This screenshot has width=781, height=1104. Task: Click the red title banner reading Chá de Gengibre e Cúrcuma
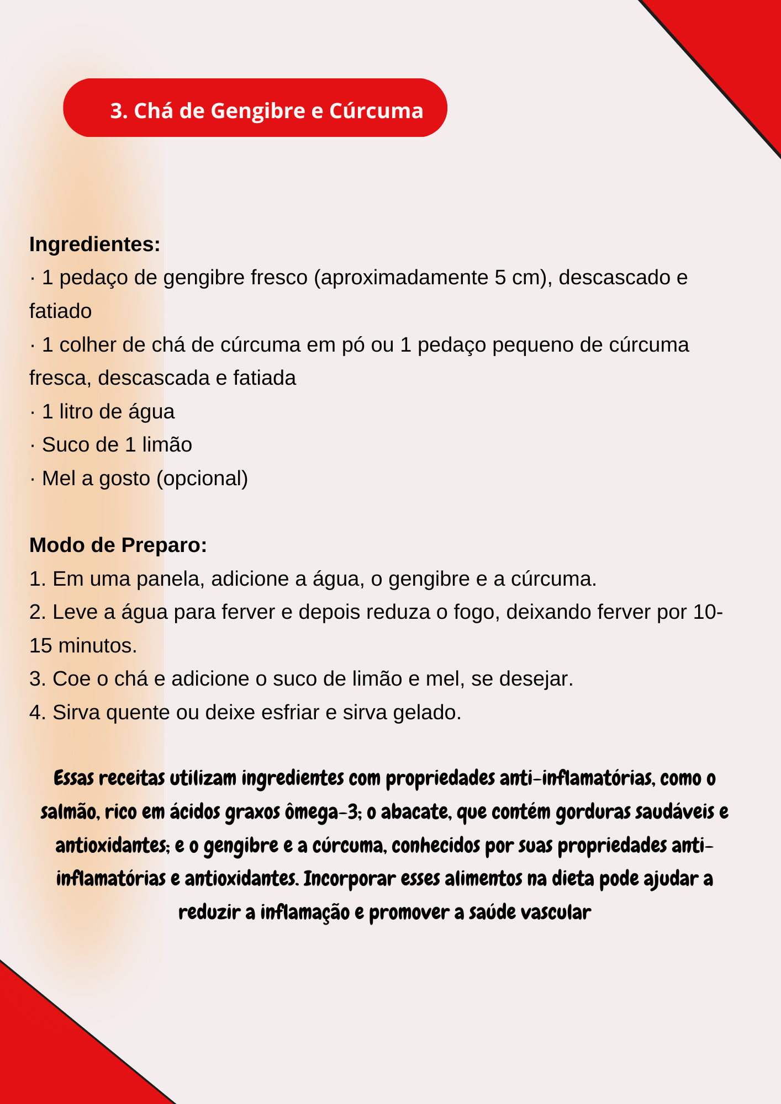(x=255, y=108)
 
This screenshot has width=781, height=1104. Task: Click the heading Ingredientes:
(x=94, y=244)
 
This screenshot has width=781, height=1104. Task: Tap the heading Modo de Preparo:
(x=118, y=545)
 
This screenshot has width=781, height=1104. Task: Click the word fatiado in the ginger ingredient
(x=60, y=311)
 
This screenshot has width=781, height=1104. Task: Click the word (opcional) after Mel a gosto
(x=202, y=478)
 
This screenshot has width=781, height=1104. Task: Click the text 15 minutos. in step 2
(x=83, y=645)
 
